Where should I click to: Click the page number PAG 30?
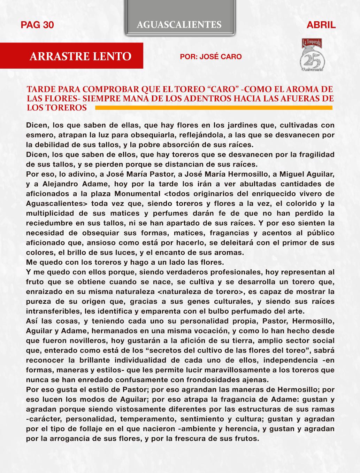[37, 25]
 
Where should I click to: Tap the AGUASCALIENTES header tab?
[179, 24]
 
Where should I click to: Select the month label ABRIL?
[321, 25]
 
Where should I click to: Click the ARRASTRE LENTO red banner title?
[81, 56]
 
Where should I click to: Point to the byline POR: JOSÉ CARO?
[210, 57]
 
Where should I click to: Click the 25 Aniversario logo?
[312, 56]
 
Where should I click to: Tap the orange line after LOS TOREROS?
[214, 108]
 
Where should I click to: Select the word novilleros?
[75, 341]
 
